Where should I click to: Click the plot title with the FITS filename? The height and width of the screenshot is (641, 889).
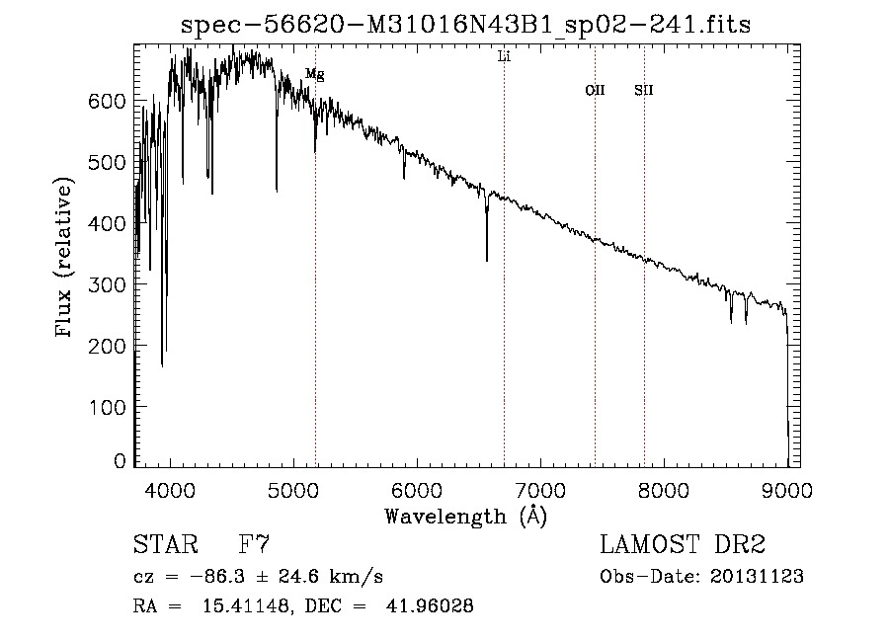(x=466, y=25)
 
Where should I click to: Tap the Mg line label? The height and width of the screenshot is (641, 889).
(x=314, y=74)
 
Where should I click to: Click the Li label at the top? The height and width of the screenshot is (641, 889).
(x=504, y=57)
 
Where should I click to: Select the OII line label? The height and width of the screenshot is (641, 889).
(x=595, y=90)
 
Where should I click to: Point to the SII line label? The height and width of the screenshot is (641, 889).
(x=644, y=90)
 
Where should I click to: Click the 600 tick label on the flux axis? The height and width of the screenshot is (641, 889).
(x=106, y=102)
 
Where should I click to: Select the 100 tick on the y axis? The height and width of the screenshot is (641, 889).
(x=106, y=407)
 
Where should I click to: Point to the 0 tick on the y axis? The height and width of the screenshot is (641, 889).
(x=120, y=461)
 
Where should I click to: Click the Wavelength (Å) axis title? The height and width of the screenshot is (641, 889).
(x=465, y=516)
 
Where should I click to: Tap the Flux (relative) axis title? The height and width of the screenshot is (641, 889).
(x=66, y=260)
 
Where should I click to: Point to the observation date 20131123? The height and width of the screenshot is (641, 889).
(x=756, y=577)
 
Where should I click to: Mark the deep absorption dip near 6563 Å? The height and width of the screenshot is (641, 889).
(x=487, y=252)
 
